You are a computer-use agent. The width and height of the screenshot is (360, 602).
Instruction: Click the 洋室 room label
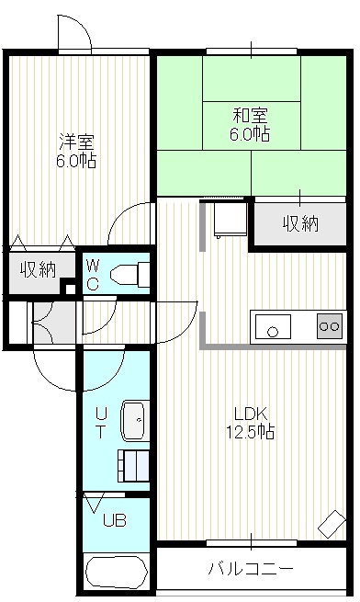coord(77,142)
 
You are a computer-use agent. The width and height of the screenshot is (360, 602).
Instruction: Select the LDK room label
coord(251,415)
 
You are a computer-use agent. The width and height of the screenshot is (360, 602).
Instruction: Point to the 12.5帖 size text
coord(250,432)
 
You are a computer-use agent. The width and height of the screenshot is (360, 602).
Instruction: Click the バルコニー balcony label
coord(251,568)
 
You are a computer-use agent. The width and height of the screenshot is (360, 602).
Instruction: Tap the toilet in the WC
coord(129,274)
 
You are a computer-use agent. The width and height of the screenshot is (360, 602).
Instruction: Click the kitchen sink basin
coord(273,326)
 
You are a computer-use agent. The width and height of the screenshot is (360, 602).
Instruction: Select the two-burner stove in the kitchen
coord(330,326)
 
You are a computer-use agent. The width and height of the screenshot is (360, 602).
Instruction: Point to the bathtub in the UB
coord(117,571)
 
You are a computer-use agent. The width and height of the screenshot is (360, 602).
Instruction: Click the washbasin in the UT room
coord(136,421)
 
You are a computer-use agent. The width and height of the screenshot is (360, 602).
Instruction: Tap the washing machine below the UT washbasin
coord(133,466)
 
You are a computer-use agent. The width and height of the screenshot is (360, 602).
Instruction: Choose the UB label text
coord(115,520)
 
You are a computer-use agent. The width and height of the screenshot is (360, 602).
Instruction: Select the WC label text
coord(94,274)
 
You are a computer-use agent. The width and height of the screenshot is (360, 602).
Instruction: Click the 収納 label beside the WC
coord(39,269)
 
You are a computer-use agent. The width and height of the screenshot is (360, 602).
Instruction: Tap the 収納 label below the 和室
coord(301,223)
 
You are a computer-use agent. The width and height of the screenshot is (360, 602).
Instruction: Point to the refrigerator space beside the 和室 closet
coord(229,219)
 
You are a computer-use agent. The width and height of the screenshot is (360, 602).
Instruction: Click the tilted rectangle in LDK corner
coord(332,524)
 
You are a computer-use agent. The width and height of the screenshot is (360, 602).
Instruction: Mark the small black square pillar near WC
coord(70,289)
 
